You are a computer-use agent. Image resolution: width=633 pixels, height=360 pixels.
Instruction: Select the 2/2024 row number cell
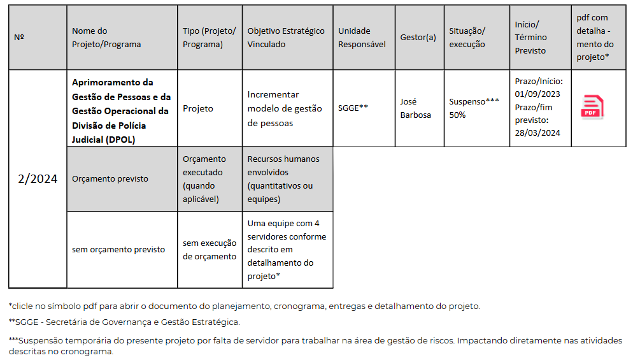(x=38, y=179)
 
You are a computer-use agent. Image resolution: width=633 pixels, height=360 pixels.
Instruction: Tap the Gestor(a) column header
(x=418, y=38)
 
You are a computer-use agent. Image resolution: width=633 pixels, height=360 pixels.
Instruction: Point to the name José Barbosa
(x=415, y=108)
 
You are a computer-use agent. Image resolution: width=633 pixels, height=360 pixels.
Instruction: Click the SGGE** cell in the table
(x=353, y=108)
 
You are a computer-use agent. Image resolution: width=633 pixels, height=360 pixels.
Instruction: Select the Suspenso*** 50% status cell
(x=474, y=108)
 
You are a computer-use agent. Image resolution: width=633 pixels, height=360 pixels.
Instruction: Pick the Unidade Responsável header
(x=362, y=38)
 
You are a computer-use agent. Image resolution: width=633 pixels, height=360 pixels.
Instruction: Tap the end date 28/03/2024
(x=537, y=133)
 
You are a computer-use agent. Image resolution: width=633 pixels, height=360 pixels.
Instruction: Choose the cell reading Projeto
(x=198, y=108)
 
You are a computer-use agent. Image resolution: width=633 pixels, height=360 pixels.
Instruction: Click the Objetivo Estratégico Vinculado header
(x=286, y=38)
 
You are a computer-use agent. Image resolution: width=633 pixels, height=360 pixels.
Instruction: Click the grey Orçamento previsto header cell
(x=110, y=179)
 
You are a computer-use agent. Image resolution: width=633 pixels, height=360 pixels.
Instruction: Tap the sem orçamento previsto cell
(x=118, y=250)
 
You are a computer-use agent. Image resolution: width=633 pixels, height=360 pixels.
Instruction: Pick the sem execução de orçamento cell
(x=210, y=250)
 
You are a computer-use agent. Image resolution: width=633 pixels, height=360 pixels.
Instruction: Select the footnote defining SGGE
(x=124, y=322)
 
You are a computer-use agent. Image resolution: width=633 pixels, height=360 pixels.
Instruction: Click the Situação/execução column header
(x=467, y=38)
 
